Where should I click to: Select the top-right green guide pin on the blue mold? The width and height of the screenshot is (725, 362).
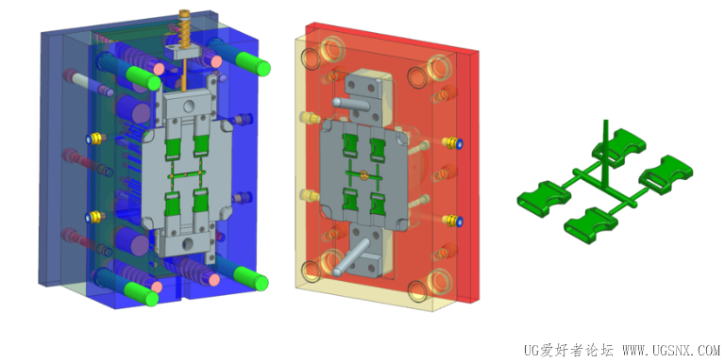click(x=252, y=64)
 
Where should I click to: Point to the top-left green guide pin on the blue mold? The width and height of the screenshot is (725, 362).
click(x=143, y=78)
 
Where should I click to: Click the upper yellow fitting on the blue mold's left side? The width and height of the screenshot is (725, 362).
click(x=96, y=138)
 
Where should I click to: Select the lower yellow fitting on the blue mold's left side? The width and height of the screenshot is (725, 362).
click(x=95, y=217)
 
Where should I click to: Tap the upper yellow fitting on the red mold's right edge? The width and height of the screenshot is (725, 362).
click(x=453, y=142)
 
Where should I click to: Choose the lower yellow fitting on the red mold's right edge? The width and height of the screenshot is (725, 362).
click(x=453, y=221)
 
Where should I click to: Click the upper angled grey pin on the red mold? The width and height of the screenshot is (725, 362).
click(x=350, y=104)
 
